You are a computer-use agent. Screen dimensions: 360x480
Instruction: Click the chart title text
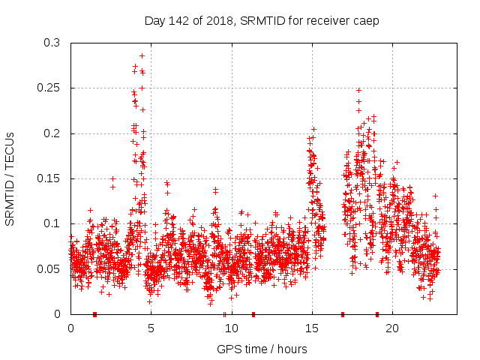coord(262,20)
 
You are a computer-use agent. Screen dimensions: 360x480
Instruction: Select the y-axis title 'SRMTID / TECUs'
coord(10,178)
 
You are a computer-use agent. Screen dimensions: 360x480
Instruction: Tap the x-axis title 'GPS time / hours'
coord(262,349)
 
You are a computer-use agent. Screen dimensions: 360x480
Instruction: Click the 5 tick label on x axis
coord(151,328)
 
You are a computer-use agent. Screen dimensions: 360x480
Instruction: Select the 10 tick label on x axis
coord(231,328)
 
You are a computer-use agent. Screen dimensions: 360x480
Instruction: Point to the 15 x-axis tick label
coord(312,328)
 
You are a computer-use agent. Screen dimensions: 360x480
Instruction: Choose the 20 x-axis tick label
coord(392,328)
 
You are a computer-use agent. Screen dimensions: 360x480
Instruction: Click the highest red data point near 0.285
coord(142,55)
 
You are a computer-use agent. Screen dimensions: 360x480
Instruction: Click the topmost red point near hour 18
coord(358,90)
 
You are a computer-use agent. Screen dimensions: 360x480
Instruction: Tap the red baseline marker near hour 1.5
coord(94,314)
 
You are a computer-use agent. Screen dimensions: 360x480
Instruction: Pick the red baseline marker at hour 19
coord(376,314)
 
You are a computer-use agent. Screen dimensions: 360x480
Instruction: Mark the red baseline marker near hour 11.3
coord(253,314)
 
